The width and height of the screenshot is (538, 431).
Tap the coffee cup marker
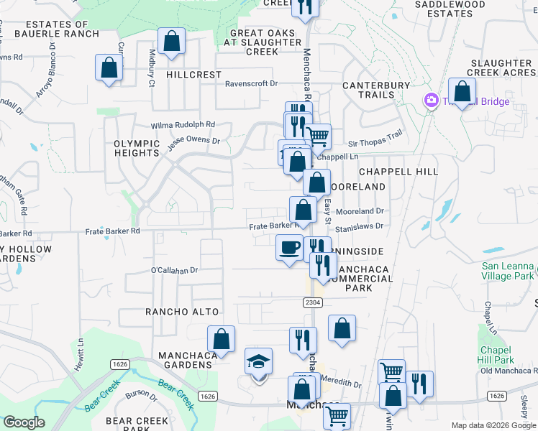point(289,248)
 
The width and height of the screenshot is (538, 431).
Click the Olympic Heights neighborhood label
point(136,148)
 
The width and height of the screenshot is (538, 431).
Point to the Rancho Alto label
point(177,312)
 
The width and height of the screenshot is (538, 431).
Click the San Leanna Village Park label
point(508,271)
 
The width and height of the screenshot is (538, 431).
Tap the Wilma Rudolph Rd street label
point(182,124)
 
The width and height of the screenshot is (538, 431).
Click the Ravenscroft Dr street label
point(251,83)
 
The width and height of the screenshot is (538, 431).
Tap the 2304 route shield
point(312,303)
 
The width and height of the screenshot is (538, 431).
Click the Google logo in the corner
point(24,422)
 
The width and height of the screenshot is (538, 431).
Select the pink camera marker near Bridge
point(432,100)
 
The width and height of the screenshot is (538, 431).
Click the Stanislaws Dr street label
point(360,226)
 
